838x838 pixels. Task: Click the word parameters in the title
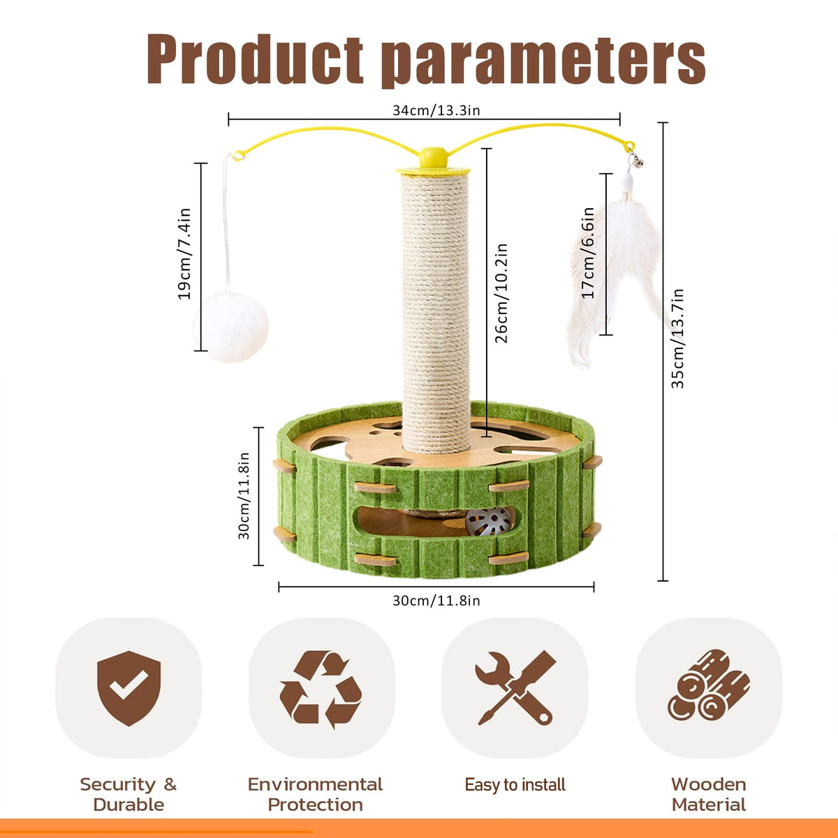tap(545, 61)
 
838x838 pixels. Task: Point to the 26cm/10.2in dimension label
tap(501, 293)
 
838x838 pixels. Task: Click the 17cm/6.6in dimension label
tap(589, 253)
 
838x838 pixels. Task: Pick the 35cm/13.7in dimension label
tap(677, 338)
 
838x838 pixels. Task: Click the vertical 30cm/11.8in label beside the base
tap(244, 496)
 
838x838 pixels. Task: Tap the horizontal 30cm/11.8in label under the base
tap(436, 601)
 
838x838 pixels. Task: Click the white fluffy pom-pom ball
tap(233, 327)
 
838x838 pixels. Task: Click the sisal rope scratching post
tap(436, 307)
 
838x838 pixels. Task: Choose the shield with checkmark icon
tap(128, 688)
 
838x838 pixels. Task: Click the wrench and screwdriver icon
tap(515, 688)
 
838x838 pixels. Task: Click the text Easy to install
tap(515, 785)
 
